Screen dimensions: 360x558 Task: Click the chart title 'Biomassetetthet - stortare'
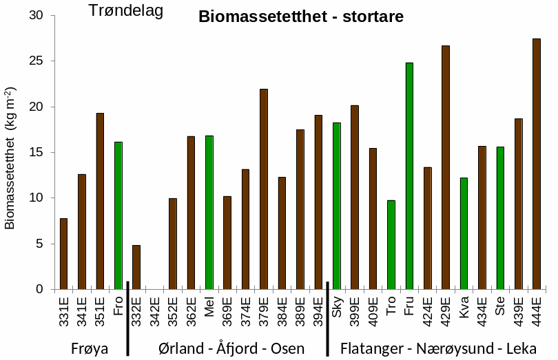tap(301, 17)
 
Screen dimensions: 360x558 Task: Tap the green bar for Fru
tap(409, 176)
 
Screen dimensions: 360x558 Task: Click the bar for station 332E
tap(136, 267)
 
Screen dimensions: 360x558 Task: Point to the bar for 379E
tap(264, 189)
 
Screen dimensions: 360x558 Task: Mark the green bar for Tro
tap(391, 244)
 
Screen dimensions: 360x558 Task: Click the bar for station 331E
tap(63, 253)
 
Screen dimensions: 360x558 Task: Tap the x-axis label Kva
tap(464, 306)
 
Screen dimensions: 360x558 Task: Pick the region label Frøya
tap(90, 348)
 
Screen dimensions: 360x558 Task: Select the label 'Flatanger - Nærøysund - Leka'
tap(438, 348)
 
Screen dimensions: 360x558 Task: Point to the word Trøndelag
tap(126, 11)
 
